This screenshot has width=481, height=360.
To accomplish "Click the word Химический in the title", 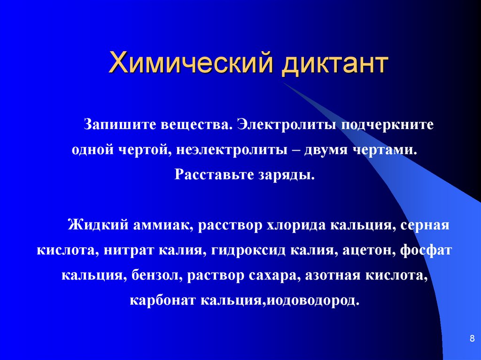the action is coord(190,63).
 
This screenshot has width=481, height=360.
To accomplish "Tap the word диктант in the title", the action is coord(334,64).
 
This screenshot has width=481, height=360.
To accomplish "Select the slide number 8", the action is coord(472,338).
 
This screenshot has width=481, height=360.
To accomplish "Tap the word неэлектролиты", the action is coord(232,150).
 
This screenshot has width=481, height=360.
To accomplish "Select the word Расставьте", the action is coord(214,175).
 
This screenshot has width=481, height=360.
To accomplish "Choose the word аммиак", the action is coord(163,225).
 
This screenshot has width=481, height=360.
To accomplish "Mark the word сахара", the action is coord(273,276).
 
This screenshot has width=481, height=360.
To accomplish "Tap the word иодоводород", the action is coord(312,301).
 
